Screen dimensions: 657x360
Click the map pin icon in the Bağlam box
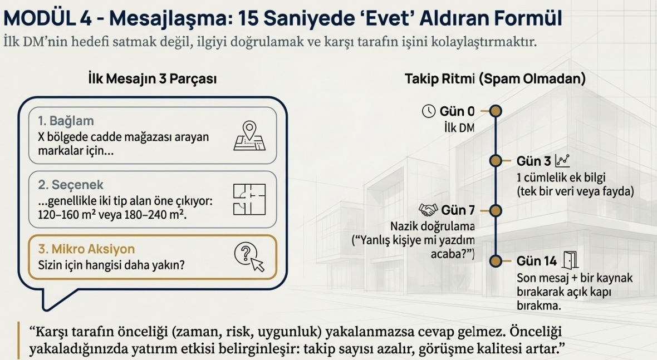(249, 136)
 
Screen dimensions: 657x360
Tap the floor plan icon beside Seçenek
(249, 199)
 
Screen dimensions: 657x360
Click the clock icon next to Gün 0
(429, 111)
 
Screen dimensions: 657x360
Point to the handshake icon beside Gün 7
(428, 209)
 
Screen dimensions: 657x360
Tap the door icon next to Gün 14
(570, 260)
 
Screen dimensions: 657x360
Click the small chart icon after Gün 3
(562, 161)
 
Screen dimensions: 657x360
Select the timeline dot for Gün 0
(496, 111)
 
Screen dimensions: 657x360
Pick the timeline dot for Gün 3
(496, 161)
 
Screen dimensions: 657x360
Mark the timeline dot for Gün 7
(496, 210)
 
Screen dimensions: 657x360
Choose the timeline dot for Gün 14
(496, 261)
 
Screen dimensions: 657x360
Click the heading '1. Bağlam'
(66, 121)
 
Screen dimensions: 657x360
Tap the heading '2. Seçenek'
(70, 185)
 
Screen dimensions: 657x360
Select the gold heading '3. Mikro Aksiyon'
(86, 249)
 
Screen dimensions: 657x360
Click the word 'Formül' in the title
(527, 18)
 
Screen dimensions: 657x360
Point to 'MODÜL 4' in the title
(47, 18)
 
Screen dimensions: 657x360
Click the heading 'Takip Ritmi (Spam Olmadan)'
(495, 78)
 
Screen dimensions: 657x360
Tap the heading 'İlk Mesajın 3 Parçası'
(153, 78)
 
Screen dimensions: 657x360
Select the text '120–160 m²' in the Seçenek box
(66, 215)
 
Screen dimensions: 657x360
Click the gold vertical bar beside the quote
(19, 340)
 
